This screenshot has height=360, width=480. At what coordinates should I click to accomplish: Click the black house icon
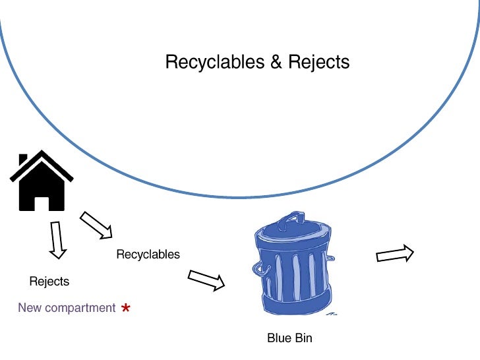pos(41,181)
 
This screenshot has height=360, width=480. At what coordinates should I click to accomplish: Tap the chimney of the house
pos(24,160)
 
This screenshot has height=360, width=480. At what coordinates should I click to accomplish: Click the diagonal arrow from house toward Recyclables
pos(96,225)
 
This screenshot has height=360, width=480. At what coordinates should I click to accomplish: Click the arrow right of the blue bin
pos(394,254)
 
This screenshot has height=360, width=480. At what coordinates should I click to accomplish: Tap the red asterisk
pos(126,308)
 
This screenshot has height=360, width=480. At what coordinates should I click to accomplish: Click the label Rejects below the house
pos(49,282)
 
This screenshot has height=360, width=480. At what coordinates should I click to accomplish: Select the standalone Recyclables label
pos(148,255)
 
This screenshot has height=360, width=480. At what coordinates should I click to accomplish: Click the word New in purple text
pos(30,308)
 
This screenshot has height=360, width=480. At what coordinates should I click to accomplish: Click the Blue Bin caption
pos(289,338)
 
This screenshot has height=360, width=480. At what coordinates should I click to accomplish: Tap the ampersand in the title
pos(276,63)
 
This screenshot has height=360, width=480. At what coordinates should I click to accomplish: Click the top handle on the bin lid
pos(290,216)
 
